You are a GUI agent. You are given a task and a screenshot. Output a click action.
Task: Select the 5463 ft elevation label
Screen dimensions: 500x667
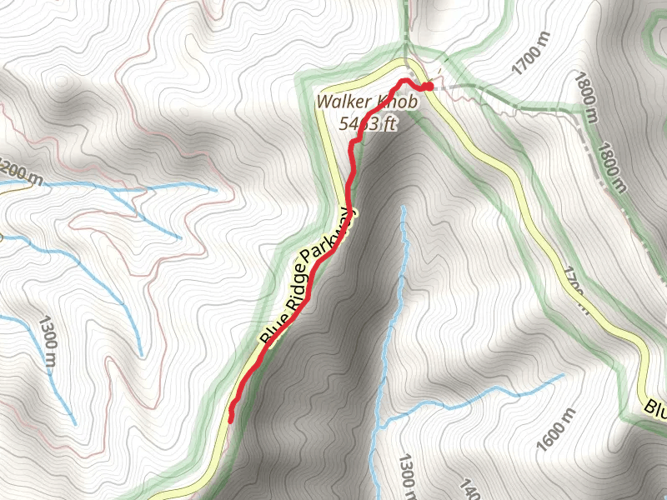pos(368,122)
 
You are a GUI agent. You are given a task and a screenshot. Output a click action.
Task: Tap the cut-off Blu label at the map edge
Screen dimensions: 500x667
pos(654,407)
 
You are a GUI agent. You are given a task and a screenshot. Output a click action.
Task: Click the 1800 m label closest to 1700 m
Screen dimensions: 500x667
pos(586,96)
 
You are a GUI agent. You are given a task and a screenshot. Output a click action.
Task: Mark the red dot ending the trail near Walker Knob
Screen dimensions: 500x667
pos(427,86)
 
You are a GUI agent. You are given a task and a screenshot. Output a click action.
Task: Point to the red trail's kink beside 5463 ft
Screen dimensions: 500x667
pos(354,142)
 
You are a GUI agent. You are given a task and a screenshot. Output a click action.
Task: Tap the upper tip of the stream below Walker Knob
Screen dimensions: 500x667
pos(404,207)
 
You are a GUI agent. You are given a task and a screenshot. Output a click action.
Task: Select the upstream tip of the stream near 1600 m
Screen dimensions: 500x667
pos(563,375)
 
